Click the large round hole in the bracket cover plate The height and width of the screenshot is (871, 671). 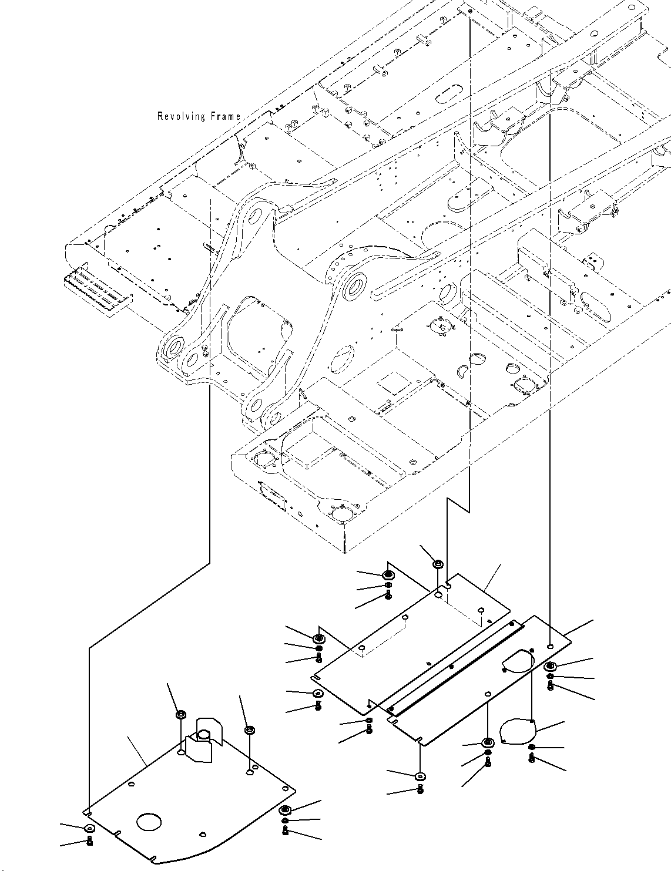(149, 822)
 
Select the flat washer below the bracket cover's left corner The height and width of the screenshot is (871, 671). (89, 828)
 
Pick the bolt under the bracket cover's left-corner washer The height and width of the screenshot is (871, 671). (89, 841)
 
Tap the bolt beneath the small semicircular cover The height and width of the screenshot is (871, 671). (532, 758)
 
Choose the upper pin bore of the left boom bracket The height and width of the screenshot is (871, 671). (255, 217)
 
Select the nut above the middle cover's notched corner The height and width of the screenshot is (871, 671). (437, 564)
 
